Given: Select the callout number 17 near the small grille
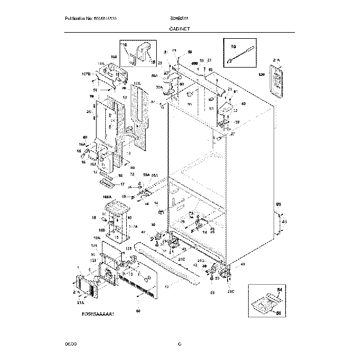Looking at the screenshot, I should tap(122, 184).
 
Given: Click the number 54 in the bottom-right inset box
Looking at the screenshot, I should tap(279, 290).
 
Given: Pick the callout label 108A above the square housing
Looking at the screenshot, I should tap(107, 196).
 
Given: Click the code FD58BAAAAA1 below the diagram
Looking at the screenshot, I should tap(97, 315).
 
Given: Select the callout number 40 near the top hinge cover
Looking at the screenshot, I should tap(243, 104).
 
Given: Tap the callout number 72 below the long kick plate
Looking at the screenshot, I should tap(166, 286).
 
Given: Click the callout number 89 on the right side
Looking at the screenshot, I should tap(279, 204).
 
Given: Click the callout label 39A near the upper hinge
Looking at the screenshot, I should tap(158, 87).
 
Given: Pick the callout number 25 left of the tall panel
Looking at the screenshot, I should tap(88, 112).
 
